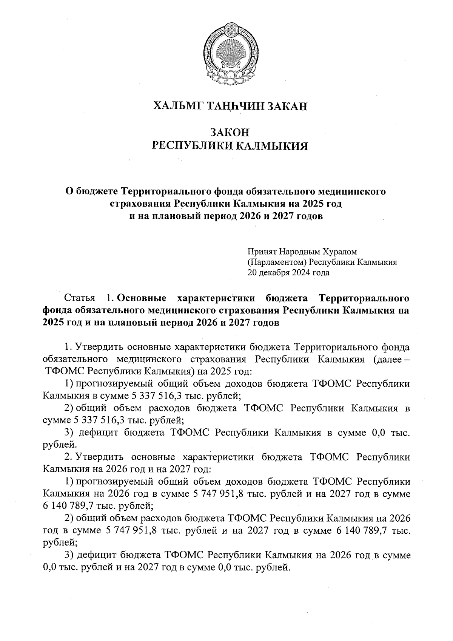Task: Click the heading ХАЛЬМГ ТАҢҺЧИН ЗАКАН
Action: pos(230,107)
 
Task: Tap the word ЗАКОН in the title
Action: pos(230,133)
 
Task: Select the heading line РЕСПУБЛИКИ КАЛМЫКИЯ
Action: pos(230,146)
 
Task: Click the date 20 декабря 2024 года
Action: pos(288,272)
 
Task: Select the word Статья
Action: pos(80,298)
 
